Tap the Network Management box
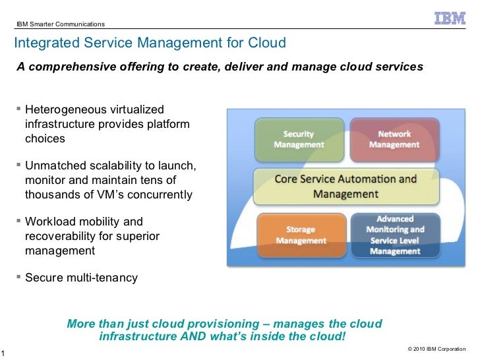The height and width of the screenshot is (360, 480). (394, 139)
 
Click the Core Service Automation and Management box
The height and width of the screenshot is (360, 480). (345, 187)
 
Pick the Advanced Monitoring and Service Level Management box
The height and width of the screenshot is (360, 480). (394, 235)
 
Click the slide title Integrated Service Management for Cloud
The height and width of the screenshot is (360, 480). (150, 44)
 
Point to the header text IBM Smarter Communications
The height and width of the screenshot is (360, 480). (61, 24)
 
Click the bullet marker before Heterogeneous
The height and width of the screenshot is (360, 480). (18, 109)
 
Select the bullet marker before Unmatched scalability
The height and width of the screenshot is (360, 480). (18, 165)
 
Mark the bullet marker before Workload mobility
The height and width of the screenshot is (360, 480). (18, 222)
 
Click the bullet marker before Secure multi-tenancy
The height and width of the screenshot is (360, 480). (18, 278)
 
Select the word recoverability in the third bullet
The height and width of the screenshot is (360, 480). (60, 236)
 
